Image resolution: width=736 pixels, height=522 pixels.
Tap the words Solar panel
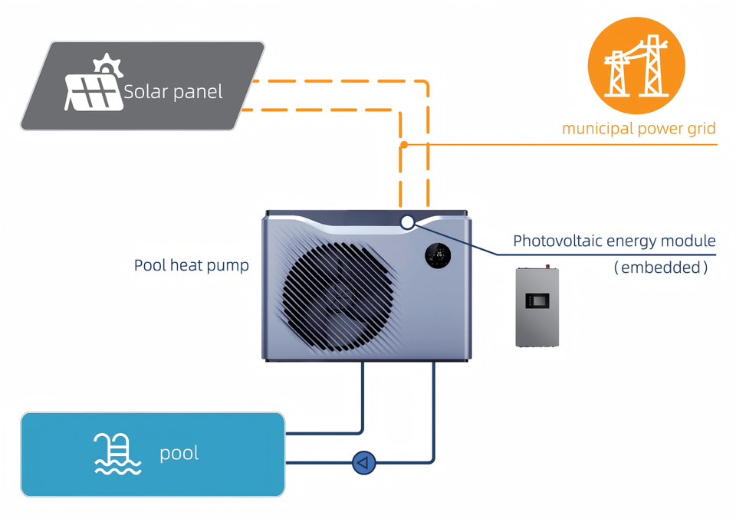point(173,91)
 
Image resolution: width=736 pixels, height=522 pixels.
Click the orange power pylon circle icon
point(636,66)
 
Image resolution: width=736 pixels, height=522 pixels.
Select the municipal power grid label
point(639,129)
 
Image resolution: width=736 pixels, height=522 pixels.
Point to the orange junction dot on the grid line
point(404,145)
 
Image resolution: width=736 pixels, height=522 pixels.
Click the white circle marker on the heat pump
point(407,222)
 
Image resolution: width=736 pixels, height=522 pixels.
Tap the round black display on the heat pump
point(438,256)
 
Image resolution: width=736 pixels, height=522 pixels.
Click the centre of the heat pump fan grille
point(337,297)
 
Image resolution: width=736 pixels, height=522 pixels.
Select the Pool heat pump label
point(192,266)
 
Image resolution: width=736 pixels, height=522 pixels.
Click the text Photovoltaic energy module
point(614,241)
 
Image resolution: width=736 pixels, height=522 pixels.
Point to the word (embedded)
point(661,268)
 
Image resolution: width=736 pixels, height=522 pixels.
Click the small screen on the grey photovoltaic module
point(537,301)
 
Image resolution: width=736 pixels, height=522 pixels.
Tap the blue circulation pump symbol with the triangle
point(363,463)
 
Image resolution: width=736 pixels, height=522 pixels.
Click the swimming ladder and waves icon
point(117,454)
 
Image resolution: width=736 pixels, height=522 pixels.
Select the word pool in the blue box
point(179,454)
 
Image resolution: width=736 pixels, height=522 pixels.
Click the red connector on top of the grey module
point(547,266)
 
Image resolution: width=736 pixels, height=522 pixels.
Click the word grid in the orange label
point(702,129)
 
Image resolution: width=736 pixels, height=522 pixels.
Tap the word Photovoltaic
point(557,241)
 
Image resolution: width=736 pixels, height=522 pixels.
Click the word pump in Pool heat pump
point(228,267)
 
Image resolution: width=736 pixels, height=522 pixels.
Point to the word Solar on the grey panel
point(146,91)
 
